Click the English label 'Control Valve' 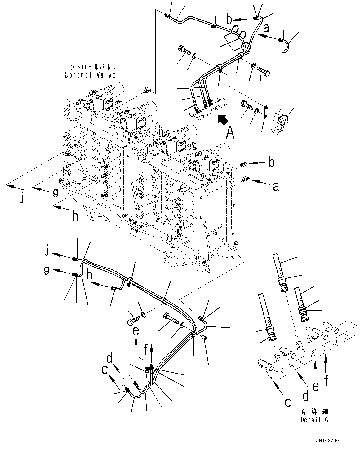(x=90, y=75)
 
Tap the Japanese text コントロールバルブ (x=90, y=67)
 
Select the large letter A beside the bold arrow (x=230, y=132)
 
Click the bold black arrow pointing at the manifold (x=221, y=120)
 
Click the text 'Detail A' (x=314, y=420)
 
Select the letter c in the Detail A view (x=288, y=402)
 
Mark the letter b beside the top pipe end (x=229, y=20)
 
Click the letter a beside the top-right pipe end (x=266, y=29)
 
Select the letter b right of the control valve (x=271, y=162)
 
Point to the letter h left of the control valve (x=75, y=216)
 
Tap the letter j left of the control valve (x=22, y=198)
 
